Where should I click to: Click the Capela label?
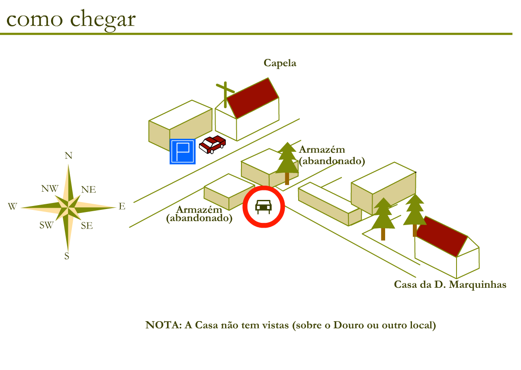pos(280,63)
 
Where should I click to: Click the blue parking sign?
pos(183,152)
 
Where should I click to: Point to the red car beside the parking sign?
pos(212,144)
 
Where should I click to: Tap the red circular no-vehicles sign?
pos(264,206)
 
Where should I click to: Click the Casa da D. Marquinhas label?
pos(450,285)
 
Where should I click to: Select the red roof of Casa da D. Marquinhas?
pos(444,236)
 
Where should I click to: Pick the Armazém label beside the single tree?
pos(322,150)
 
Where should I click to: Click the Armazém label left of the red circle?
pos(199,209)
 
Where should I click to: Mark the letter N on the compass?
pos(68,156)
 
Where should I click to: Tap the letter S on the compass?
pos(67,256)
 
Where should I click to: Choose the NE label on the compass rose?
pos(89,190)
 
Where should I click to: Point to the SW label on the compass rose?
pos(46,225)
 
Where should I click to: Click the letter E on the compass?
pos(122,207)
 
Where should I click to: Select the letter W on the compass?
pos(12,207)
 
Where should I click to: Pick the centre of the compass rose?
pos(68,207)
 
